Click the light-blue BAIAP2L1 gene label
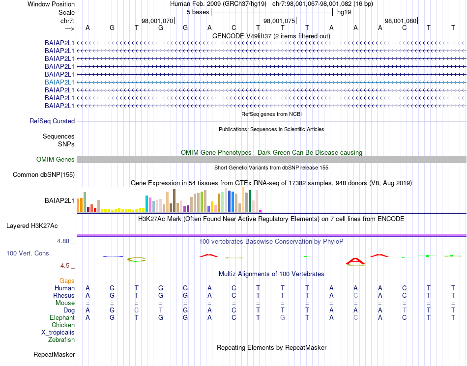click(59, 82)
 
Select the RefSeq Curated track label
click(52, 121)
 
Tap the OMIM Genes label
click(56, 159)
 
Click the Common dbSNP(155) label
click(44, 174)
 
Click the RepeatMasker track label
click(54, 354)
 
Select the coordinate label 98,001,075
click(279, 21)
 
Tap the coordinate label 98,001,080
click(401, 21)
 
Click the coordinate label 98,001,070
click(157, 21)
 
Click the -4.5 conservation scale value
click(64, 266)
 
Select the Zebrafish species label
click(61, 339)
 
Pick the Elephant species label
click(62, 318)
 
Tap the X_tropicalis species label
click(58, 332)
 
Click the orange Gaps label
click(67, 281)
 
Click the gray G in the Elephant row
click(282, 318)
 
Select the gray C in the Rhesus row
click(355, 296)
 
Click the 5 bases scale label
click(198, 12)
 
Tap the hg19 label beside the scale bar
click(344, 12)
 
